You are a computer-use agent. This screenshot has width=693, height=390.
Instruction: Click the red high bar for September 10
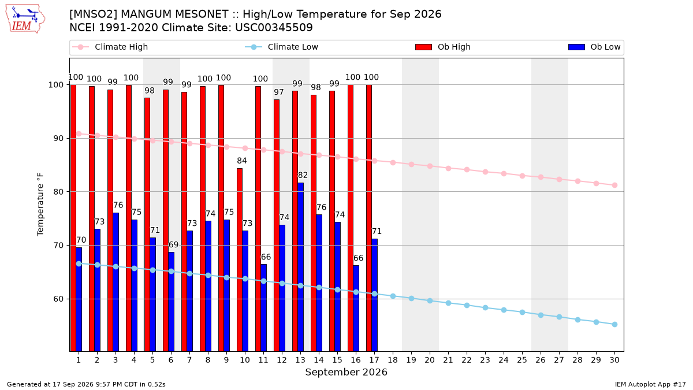coord(240,259)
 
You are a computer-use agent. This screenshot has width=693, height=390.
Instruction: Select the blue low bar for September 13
coord(300,267)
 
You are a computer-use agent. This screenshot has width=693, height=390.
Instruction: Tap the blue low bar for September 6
coord(171,302)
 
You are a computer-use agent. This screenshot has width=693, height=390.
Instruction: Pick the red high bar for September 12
coord(277,225)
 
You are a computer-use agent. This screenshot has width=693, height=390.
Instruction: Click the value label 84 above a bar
coord(242,161)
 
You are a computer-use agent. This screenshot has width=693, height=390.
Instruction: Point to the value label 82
coord(303,175)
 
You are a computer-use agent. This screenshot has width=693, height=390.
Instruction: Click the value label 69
coord(174,244)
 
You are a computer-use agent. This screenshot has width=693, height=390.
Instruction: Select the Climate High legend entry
coord(110,47)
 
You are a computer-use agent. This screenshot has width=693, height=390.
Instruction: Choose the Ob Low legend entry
coord(594,47)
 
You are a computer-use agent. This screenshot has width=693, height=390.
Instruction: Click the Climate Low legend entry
coord(282,47)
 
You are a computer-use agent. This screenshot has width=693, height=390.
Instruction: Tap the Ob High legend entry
coord(443,47)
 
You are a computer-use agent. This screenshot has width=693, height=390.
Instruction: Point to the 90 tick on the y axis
coord(58,138)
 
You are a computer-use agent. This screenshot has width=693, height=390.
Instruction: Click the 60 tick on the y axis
coord(58,299)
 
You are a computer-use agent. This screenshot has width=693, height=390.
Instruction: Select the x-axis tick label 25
coord(522,360)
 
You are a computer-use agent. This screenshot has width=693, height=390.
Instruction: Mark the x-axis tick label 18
coord(393,360)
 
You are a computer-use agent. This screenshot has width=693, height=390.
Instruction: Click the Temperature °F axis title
coord(40,205)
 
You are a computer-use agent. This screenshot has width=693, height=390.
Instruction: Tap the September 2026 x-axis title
coord(346,372)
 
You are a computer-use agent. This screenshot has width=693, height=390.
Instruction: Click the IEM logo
coord(25,19)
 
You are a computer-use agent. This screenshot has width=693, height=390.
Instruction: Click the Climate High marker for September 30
coord(614,185)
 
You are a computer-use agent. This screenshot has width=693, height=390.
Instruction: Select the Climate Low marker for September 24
coord(504,310)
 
